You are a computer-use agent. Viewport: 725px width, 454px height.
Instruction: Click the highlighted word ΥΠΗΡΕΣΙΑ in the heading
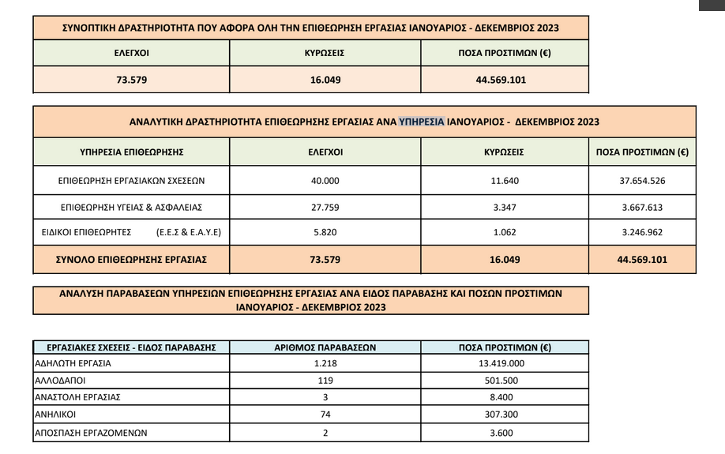423,122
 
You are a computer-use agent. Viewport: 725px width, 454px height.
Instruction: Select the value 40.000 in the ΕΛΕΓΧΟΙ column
325,181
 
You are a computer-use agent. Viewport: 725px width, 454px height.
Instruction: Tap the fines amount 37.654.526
643,181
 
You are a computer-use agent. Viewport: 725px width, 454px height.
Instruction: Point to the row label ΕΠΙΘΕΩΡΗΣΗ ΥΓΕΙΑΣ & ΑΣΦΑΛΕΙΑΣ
132,208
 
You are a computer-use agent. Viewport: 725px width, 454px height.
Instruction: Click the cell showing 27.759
325,208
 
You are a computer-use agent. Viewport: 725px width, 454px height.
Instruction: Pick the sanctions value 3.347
504,208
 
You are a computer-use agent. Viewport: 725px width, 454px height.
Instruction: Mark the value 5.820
325,234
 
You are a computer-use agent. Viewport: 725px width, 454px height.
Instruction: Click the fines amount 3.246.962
643,234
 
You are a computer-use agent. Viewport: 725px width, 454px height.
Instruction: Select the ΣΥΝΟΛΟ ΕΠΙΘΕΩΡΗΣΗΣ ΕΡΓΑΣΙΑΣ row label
132,259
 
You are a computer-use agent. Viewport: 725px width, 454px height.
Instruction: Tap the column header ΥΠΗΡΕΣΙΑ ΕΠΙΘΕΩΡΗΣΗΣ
132,152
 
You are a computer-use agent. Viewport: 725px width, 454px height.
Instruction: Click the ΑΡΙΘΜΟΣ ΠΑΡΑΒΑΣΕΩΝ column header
325,347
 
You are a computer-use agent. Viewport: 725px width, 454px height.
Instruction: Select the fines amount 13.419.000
505,364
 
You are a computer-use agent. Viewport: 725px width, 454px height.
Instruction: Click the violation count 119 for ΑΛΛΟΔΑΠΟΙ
325,381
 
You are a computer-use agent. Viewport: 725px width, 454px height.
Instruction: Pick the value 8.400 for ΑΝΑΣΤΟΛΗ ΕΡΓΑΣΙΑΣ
505,398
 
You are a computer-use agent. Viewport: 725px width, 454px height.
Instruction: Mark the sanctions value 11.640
504,181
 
